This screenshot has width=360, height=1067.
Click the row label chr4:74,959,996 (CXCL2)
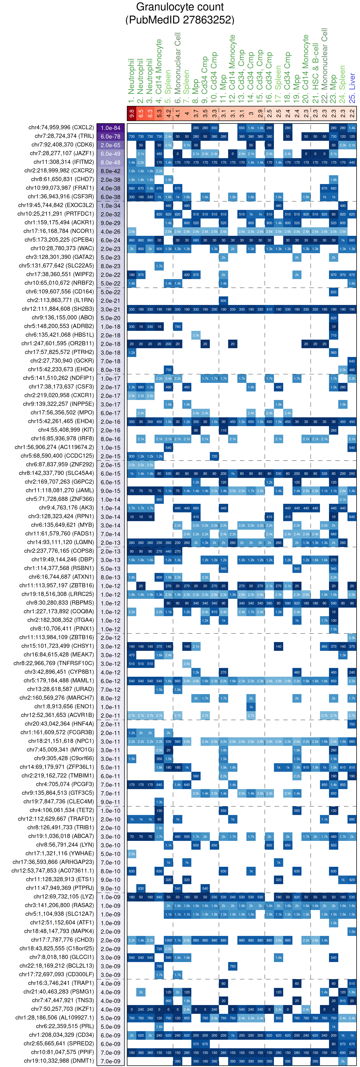[x=61, y=128]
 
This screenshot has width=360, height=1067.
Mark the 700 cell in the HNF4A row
[x=352, y=724]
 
